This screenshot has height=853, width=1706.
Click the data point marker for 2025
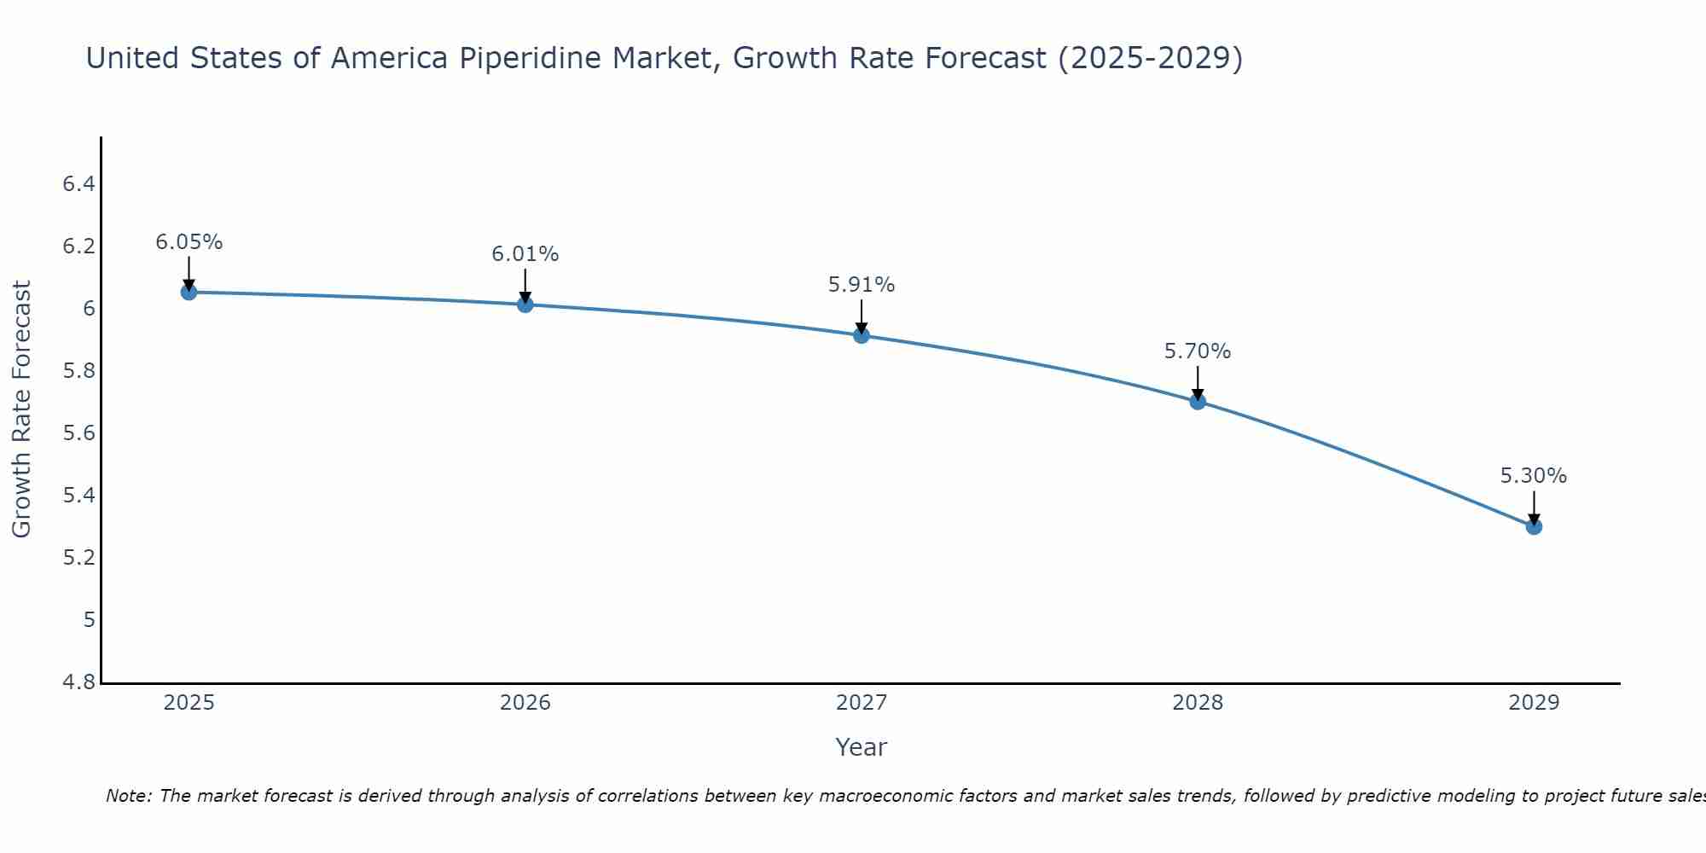[189, 293]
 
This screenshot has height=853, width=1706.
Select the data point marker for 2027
[862, 335]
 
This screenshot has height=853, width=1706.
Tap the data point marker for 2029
[1534, 526]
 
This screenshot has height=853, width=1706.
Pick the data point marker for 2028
[1198, 401]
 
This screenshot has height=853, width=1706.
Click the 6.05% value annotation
[189, 242]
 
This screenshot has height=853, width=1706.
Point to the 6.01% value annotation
[525, 254]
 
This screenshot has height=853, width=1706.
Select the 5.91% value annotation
[862, 285]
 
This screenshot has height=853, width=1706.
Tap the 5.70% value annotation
[1198, 351]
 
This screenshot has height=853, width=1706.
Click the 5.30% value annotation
[1534, 476]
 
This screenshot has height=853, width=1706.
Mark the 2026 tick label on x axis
[525, 703]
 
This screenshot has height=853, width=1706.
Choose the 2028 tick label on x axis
[1198, 703]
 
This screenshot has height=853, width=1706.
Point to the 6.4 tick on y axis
[78, 184]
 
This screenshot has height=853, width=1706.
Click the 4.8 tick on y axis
[78, 682]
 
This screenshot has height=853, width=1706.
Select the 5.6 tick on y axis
[78, 433]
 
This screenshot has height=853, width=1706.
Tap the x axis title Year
[862, 747]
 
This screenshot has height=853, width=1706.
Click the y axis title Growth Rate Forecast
[21, 409]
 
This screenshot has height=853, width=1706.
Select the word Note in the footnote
[128, 796]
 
